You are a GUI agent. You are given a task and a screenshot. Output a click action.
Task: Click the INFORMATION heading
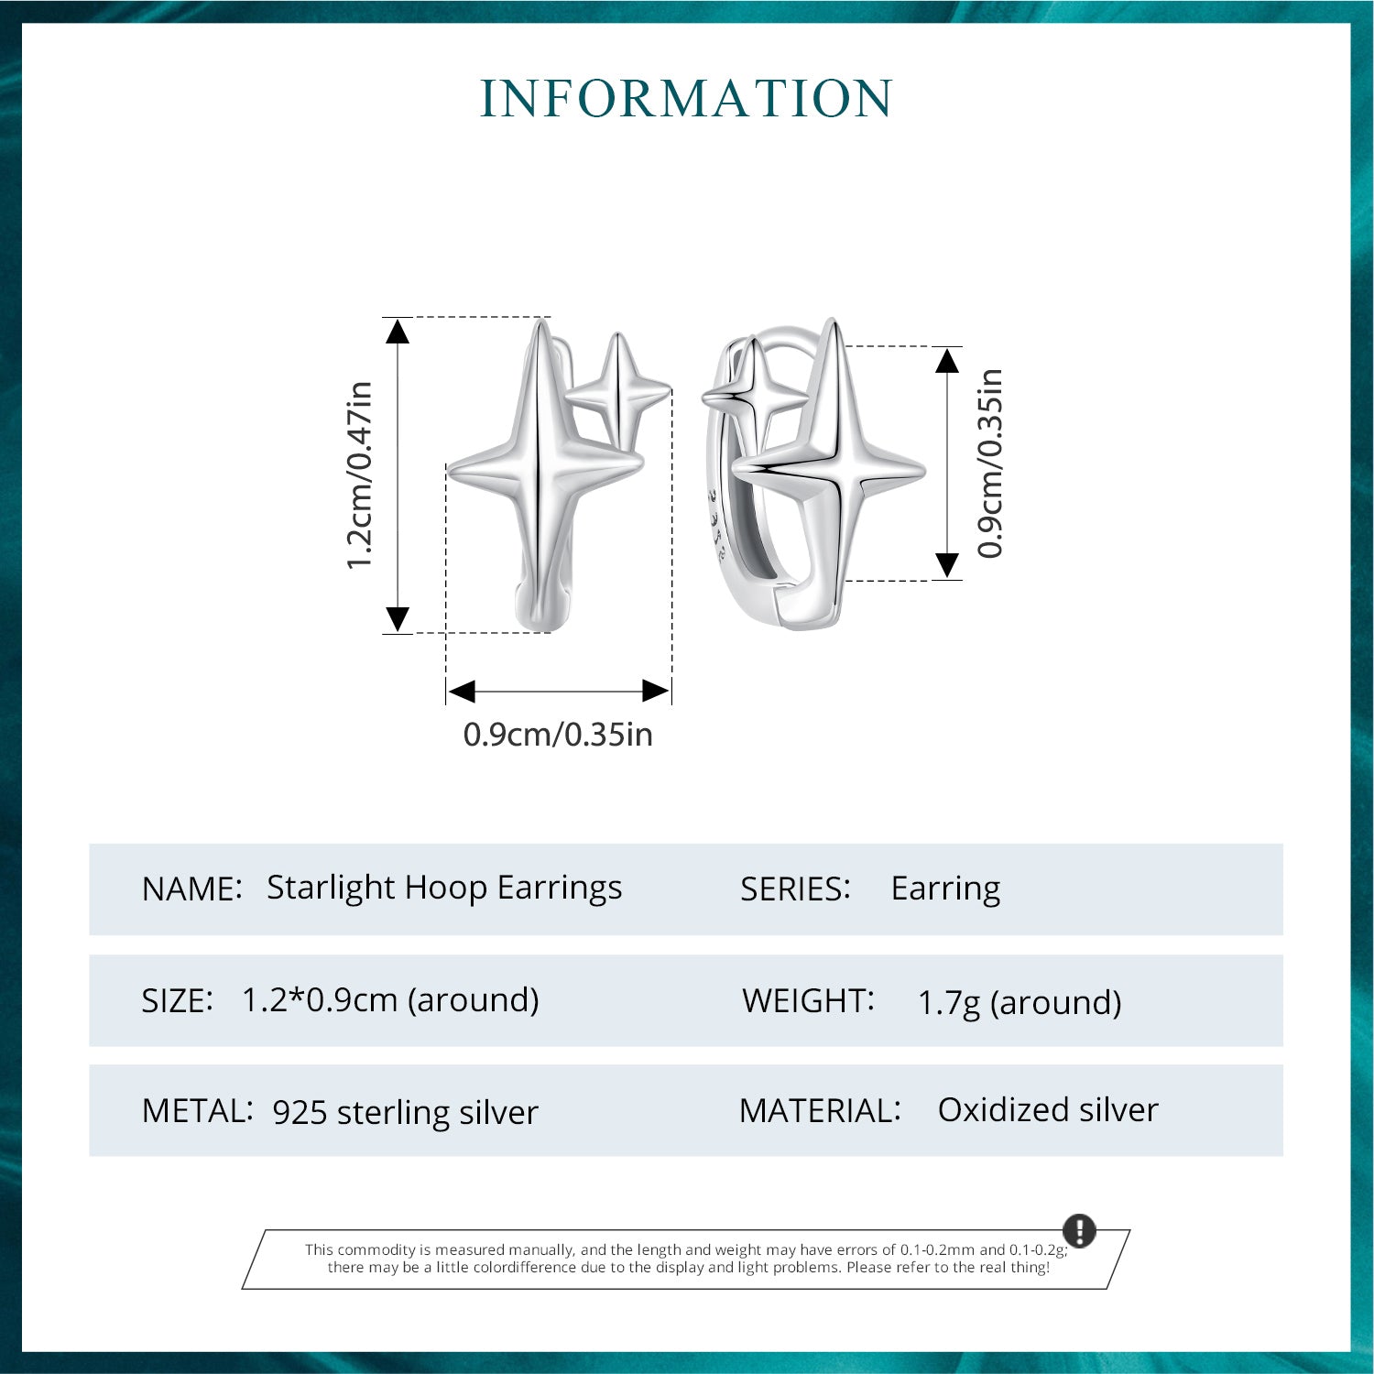(686, 99)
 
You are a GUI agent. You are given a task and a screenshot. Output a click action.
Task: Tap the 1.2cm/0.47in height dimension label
(359, 475)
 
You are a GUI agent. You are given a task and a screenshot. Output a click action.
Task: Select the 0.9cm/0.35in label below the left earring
(558, 735)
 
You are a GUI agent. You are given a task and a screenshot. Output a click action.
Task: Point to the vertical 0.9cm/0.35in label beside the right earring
(990, 463)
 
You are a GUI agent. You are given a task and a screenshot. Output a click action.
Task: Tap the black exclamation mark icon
(1079, 1230)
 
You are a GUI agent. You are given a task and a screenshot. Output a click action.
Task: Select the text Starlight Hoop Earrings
(444, 889)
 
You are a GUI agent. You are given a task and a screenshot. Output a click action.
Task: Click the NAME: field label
(192, 889)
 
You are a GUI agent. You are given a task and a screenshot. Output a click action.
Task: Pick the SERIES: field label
(795, 889)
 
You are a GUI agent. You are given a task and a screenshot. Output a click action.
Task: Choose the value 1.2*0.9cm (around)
(390, 1000)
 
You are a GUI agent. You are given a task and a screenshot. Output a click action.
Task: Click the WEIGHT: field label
(808, 1000)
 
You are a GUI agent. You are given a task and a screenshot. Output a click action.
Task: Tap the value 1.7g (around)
(1020, 1003)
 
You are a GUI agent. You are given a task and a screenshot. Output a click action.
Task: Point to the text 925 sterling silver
(406, 1113)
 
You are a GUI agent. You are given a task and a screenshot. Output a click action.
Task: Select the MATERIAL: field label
(820, 1111)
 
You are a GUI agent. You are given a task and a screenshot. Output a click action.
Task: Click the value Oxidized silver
(1048, 1110)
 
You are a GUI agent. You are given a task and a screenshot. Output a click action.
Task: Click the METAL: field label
(197, 1111)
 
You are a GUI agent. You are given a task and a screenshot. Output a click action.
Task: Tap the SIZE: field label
(178, 1000)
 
